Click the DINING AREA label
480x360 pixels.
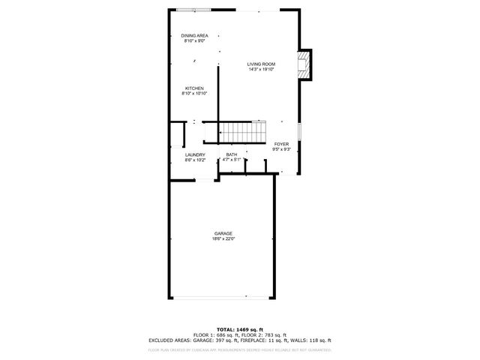193,35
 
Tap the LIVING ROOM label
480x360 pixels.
261,64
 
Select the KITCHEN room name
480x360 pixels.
194,88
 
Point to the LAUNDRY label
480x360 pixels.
194,154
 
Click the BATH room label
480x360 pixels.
232,154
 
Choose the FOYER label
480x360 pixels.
281,144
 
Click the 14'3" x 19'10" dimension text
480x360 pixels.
261,70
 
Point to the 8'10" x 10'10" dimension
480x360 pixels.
194,94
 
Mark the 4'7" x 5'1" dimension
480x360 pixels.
232,160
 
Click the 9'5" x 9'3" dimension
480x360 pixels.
281,149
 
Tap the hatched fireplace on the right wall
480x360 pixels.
304,64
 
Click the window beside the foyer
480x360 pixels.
299,130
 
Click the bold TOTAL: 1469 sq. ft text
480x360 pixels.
239,329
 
